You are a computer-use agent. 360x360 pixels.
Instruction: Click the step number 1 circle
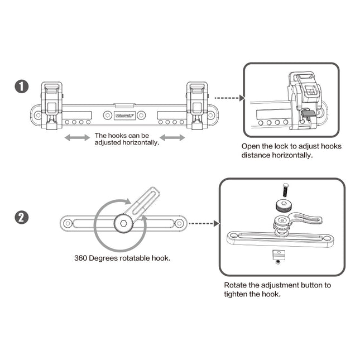(21, 87)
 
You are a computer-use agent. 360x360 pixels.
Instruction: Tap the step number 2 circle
(21, 217)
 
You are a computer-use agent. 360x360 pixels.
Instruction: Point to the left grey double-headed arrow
(77, 137)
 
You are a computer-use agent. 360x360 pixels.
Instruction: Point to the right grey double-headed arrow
(172, 137)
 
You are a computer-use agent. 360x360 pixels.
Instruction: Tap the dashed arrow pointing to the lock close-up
(228, 98)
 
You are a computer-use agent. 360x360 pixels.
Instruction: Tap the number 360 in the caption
(81, 258)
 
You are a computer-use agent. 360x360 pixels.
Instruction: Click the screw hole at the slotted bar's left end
(68, 224)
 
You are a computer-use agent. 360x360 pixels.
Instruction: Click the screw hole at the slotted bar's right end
(179, 224)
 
